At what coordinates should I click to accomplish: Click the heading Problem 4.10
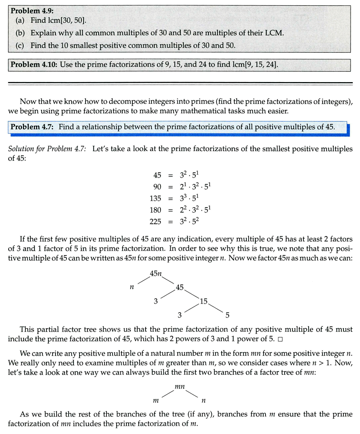(33, 64)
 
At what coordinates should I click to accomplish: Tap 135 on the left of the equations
(155, 198)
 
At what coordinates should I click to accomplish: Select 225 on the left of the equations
(155, 221)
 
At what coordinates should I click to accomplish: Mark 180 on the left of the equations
(155, 210)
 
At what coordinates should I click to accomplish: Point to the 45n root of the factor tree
(156, 274)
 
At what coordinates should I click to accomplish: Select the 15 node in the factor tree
(204, 301)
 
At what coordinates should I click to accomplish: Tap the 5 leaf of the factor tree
(227, 315)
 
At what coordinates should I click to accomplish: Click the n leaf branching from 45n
(132, 287)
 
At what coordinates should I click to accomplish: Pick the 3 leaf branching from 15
(180, 315)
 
